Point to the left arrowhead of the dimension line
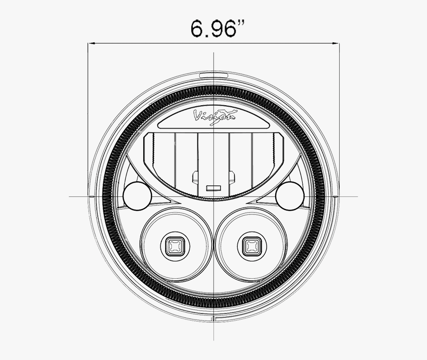(91, 44)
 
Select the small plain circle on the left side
(137, 196)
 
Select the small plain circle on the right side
(291, 196)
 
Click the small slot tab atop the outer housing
(213, 75)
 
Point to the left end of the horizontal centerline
(70, 196)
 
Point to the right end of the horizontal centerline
(357, 196)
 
